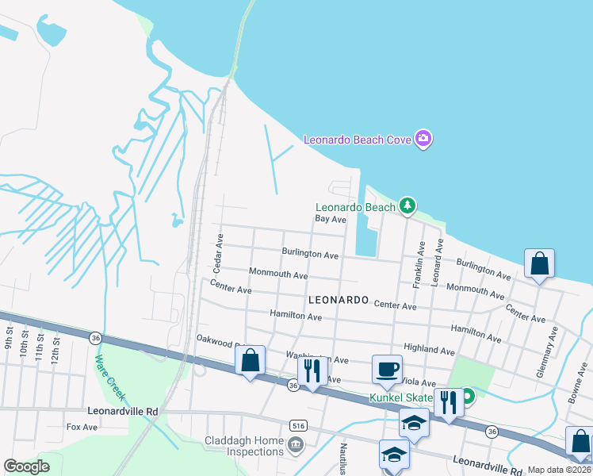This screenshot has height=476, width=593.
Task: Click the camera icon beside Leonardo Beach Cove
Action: [423, 140]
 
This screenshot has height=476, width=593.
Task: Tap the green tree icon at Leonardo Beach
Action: [407, 207]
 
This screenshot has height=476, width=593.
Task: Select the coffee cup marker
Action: [387, 369]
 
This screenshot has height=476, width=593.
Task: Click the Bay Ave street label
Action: [331, 219]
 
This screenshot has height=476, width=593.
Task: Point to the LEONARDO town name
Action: [339, 301]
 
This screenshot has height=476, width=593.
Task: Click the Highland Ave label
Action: [429, 350]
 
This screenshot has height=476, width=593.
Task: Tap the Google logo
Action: [26, 466]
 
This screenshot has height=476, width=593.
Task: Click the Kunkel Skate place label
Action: [401, 397]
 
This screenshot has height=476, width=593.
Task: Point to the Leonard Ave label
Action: [437, 259]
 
